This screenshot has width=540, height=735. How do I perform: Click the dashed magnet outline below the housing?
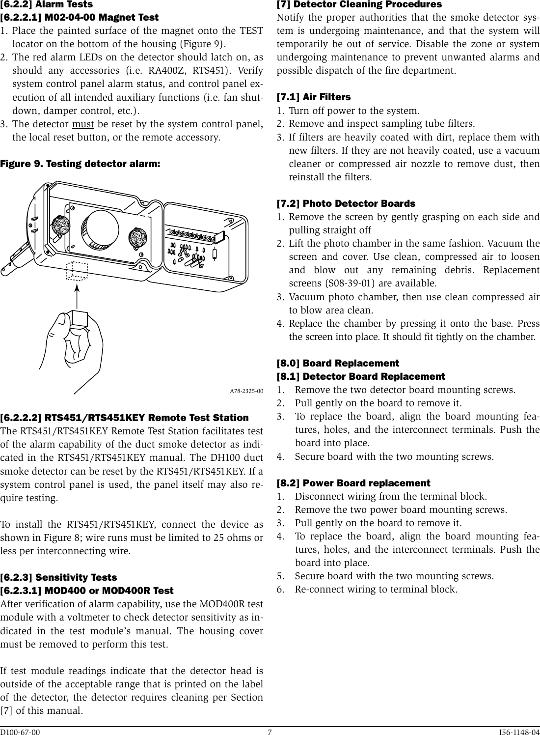tap(76, 271)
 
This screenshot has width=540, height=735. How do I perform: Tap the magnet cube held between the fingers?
tap(78, 320)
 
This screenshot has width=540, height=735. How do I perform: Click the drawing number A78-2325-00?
tap(246, 392)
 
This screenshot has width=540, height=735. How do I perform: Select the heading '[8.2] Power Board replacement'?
tap(353, 483)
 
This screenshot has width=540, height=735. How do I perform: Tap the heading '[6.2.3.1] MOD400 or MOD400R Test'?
tap(87, 590)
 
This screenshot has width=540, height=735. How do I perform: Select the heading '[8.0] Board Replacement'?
tap(338, 363)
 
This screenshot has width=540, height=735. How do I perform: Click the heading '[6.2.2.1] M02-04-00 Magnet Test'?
tap(79, 18)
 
